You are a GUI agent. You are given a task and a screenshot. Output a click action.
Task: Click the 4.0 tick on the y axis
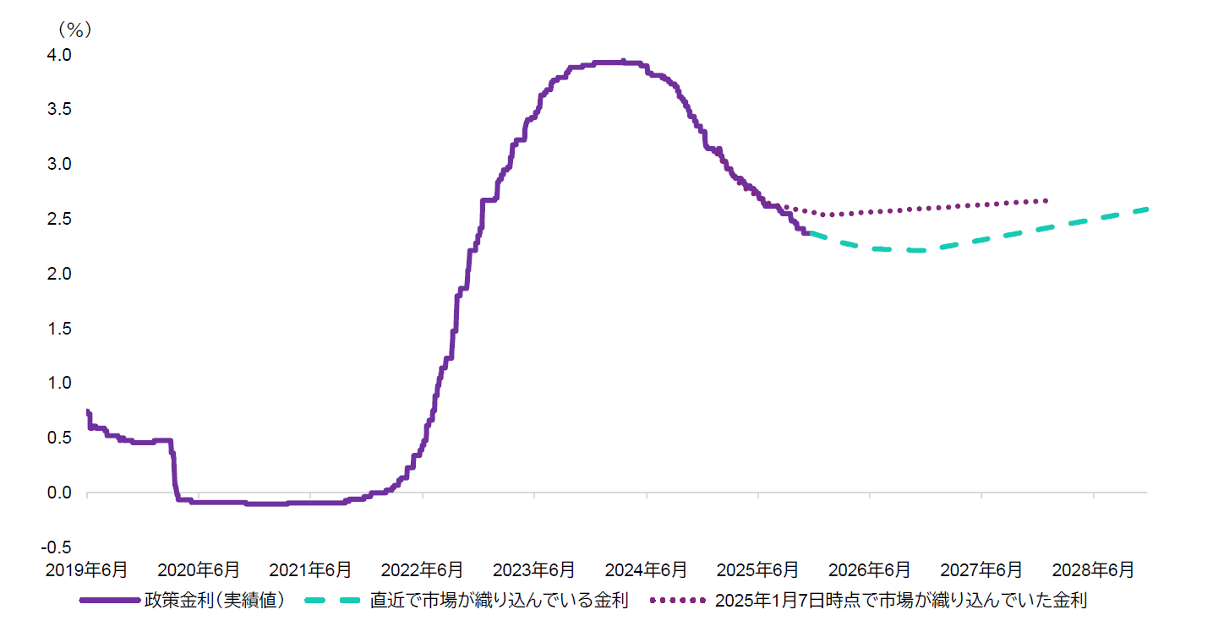coord(60,55)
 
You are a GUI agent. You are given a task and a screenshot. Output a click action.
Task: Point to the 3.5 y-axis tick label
coord(60,110)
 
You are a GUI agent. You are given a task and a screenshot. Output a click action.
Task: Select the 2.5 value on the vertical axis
coord(60,219)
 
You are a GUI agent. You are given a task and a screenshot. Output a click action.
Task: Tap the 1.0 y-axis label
coord(60,383)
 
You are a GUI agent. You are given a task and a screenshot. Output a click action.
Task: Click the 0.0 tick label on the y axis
coord(60,493)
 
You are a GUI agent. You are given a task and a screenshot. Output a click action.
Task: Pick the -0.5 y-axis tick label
coord(57,547)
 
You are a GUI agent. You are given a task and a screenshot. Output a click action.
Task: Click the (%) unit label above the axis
coord(74,30)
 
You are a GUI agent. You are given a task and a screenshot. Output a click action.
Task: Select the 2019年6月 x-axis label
coord(87,570)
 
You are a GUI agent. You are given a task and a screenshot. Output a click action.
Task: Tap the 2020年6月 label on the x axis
coord(199,570)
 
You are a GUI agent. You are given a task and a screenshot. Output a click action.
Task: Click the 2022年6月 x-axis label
coord(422,570)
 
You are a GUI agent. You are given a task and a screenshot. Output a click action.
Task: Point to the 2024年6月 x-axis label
coord(646,570)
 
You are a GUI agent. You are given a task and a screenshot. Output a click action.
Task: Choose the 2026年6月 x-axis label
coord(870,570)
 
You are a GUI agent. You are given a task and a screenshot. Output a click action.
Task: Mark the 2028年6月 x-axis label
coord(1094,570)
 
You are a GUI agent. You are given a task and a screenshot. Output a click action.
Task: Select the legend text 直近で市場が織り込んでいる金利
coord(499,602)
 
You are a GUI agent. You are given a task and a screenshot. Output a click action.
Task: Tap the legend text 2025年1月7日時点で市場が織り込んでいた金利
coord(900,602)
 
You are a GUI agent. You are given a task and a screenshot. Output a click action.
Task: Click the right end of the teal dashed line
coord(1146,209)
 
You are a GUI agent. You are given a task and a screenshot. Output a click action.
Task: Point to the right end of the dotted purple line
coord(1046,200)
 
